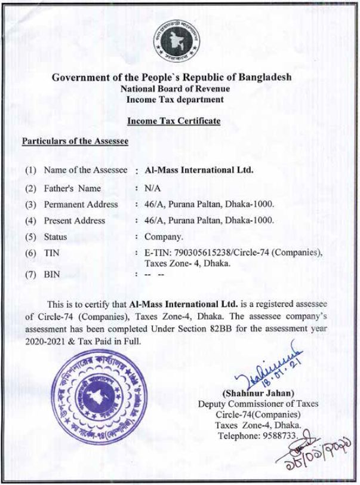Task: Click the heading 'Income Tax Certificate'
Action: click(174, 121)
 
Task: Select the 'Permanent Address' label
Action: click(81, 204)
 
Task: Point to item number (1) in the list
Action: click(30, 170)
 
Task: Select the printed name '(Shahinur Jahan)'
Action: click(259, 394)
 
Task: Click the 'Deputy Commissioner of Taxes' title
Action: click(258, 404)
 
